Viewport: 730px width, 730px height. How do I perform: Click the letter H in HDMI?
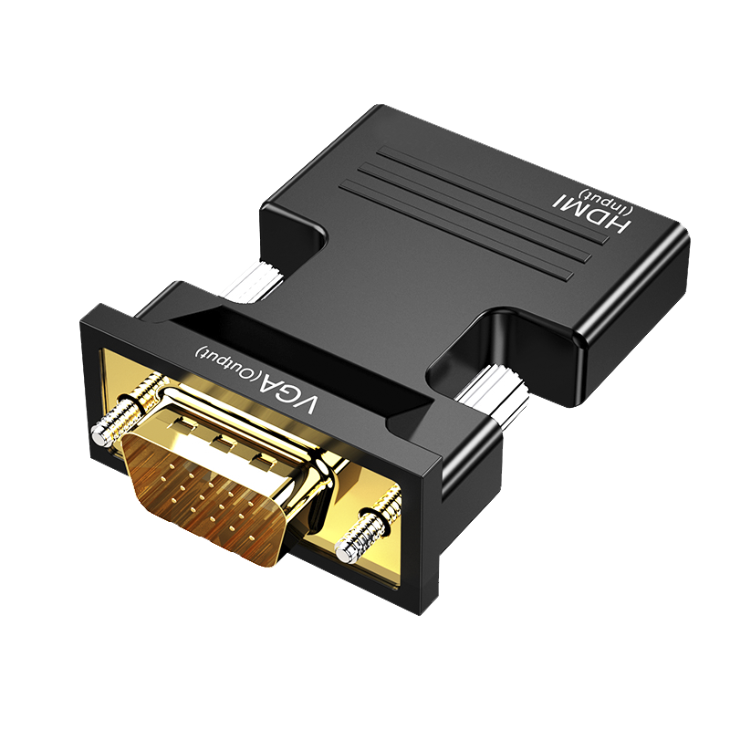(620, 225)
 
